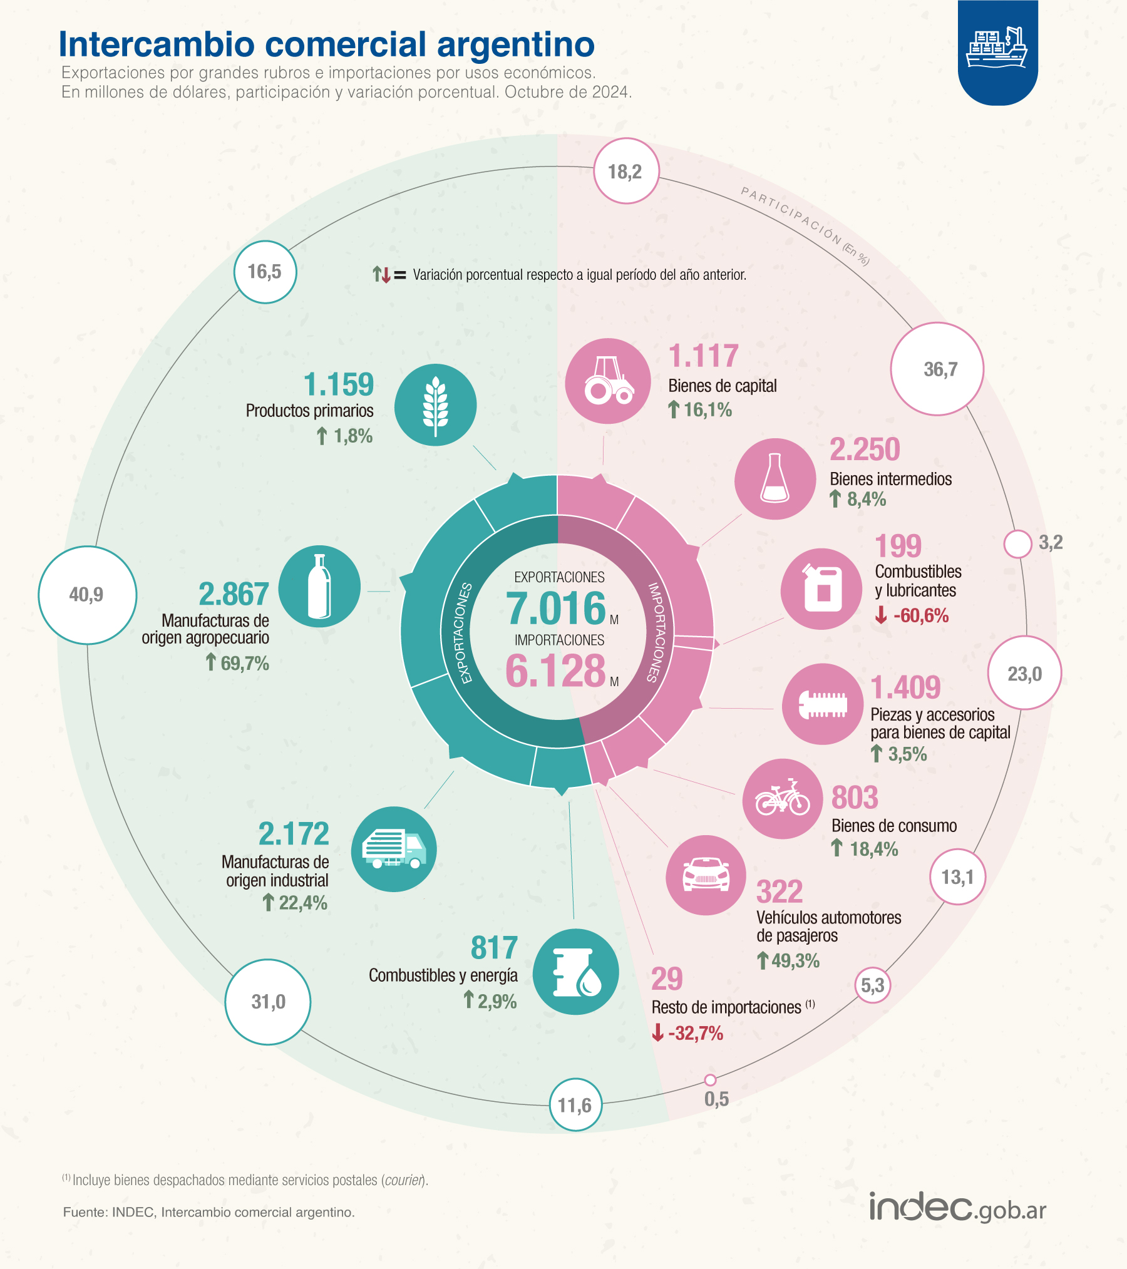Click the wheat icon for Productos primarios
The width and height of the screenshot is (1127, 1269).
click(435, 405)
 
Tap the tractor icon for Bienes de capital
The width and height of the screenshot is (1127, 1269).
click(608, 381)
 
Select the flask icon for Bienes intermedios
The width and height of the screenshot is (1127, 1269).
click(775, 479)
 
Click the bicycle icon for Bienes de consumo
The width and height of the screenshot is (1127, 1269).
click(783, 799)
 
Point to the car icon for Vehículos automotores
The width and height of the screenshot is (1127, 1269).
click(706, 875)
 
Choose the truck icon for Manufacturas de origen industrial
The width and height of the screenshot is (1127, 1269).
click(394, 849)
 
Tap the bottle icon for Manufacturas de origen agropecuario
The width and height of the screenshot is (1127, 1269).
click(319, 587)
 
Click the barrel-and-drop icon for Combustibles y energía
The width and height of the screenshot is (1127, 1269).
click(576, 972)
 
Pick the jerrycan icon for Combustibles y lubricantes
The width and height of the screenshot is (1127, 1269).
click(821, 589)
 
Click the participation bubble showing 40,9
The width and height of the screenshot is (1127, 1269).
click(87, 595)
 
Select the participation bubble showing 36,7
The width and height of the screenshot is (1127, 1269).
click(937, 369)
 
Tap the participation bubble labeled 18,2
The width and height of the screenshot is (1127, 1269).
click(625, 171)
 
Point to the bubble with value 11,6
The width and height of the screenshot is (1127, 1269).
click(575, 1105)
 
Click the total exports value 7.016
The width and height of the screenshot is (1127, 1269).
click(556, 609)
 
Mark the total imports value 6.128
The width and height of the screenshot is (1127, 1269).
click(555, 671)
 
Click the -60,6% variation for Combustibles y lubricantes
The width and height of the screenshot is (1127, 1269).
click(912, 615)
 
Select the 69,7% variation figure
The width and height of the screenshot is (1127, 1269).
click(238, 663)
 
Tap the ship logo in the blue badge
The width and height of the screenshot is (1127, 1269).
click(997, 48)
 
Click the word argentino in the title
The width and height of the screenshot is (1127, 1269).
click(515, 45)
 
